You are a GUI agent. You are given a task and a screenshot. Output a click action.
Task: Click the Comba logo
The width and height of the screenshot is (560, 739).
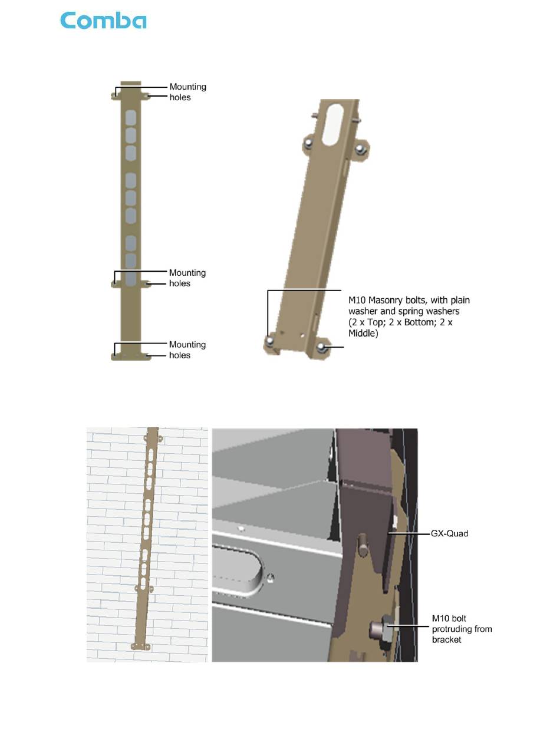coord(103,20)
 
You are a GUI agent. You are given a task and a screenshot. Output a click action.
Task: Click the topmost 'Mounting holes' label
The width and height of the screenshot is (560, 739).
coord(187,92)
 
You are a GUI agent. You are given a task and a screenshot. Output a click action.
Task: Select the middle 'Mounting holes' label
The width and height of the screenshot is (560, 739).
coord(187,278)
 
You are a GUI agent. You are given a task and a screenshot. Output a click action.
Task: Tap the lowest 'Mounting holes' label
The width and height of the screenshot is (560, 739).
coord(187,350)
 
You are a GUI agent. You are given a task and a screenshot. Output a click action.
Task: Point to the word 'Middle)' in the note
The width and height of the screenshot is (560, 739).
coord(363,334)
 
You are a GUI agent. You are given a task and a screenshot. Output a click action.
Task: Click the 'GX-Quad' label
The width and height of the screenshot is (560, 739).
coord(449,533)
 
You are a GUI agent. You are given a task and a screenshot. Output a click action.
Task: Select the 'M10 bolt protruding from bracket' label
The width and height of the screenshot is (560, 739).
coord(462,629)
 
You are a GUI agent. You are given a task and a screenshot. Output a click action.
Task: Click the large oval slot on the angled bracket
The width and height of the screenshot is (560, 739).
coord(332,124)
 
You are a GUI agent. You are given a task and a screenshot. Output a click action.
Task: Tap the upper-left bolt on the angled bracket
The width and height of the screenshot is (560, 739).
coord(309,144)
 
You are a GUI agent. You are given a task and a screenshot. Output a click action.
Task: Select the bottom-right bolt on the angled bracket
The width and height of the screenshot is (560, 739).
coord(321,348)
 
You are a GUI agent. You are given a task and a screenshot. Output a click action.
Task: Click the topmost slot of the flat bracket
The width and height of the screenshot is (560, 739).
coord(131,117)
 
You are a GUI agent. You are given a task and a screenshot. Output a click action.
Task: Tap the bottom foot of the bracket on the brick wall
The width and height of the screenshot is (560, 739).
coord(140,646)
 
